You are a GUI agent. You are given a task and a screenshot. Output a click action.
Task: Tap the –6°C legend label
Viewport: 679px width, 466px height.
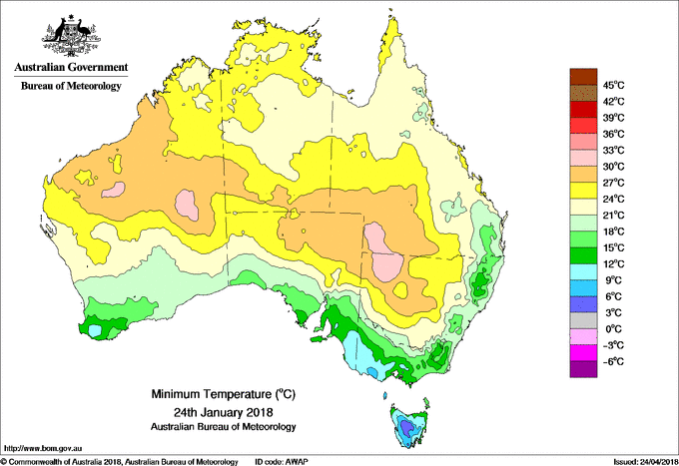point(612,360)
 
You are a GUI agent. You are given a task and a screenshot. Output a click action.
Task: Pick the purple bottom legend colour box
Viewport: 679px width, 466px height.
point(582,369)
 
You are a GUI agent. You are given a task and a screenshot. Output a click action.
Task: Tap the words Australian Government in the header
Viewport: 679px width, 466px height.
point(71,67)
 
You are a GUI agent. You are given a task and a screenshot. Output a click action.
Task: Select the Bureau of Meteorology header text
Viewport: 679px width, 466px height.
point(71,86)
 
